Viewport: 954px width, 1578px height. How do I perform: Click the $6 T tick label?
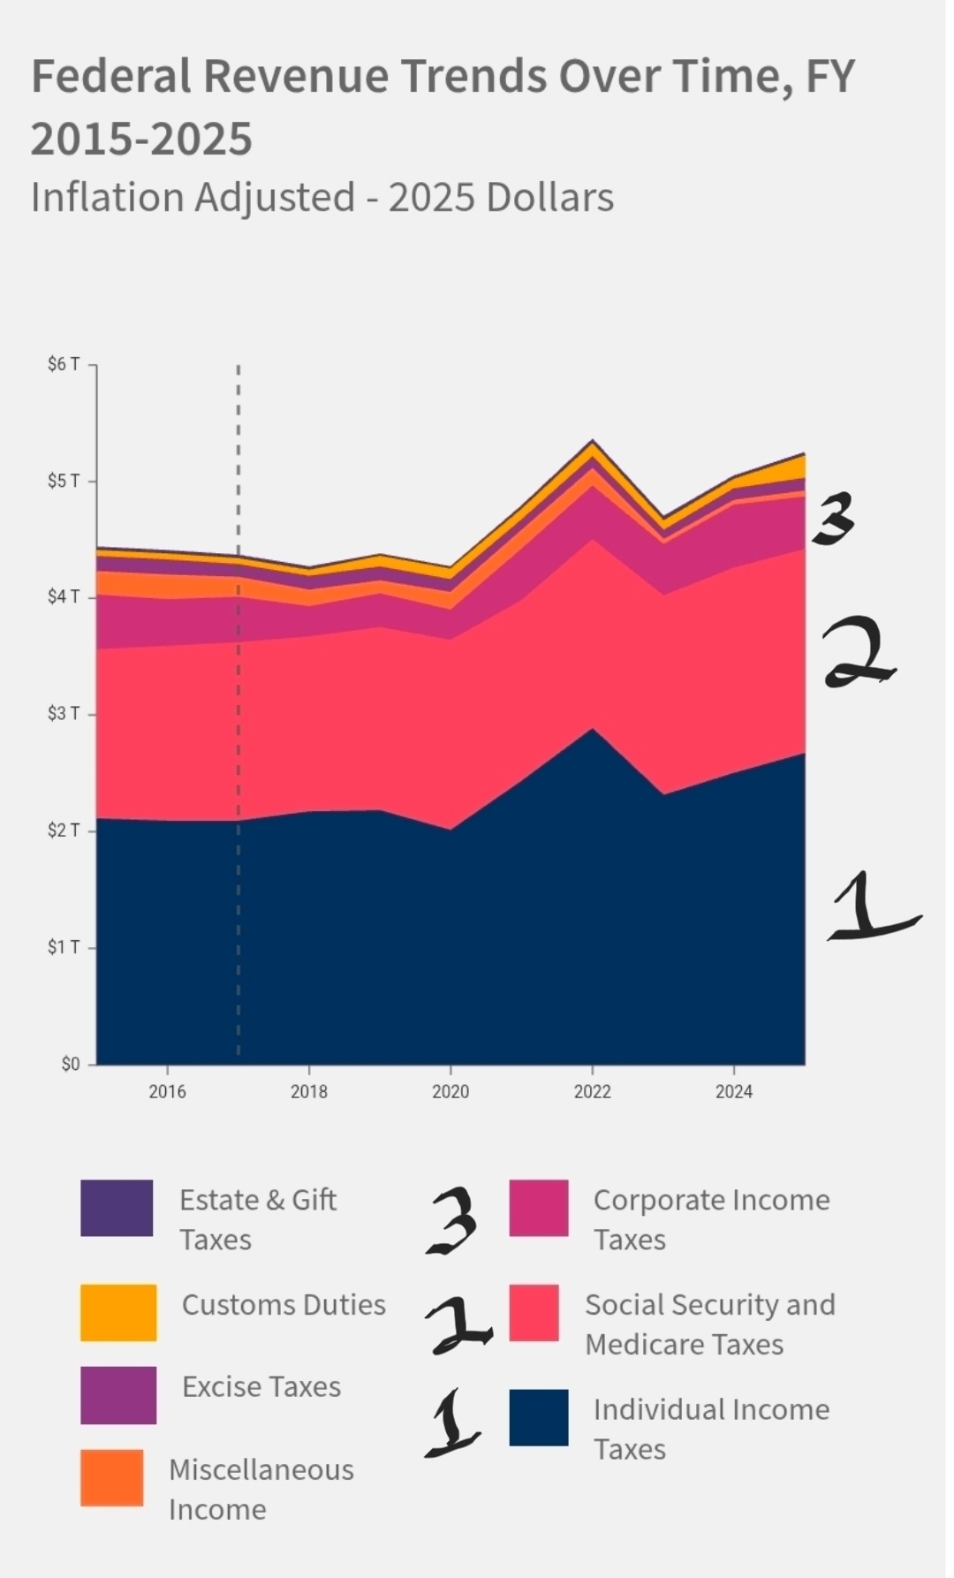coord(64,364)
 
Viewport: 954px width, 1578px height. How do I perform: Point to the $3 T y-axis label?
coord(64,713)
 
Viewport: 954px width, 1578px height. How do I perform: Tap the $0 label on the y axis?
coord(71,1064)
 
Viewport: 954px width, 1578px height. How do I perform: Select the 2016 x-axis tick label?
coord(167,1091)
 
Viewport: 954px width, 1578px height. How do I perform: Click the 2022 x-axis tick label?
coord(592,1091)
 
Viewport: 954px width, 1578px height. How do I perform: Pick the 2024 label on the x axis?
coord(733,1091)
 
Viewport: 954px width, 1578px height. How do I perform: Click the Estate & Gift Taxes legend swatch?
coord(117,1208)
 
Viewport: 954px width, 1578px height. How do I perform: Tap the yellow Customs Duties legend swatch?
coord(118,1313)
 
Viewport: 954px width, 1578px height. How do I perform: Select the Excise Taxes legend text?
coord(261,1386)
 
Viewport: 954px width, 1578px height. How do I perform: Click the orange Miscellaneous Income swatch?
coord(111,1477)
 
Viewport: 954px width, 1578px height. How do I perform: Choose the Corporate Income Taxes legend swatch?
coord(539,1208)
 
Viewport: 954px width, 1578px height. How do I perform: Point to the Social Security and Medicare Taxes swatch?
coord(534,1313)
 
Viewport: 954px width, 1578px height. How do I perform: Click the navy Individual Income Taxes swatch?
coord(539,1418)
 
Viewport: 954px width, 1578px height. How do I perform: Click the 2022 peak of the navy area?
coord(593,730)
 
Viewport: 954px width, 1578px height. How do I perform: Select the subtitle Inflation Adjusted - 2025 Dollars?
coord(322,197)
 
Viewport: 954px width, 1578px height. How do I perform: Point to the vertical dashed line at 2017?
coord(238,707)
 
